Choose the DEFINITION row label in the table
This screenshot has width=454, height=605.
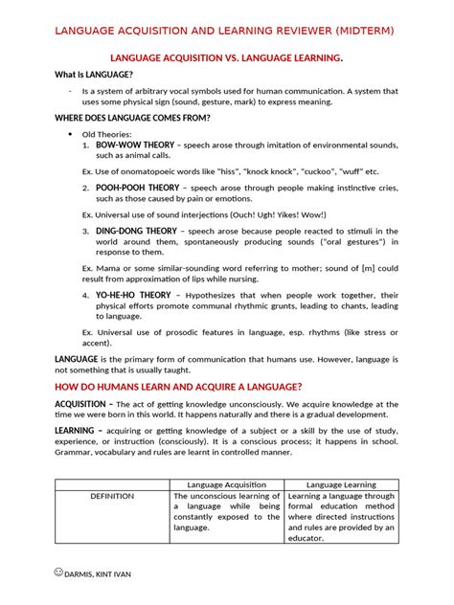[111, 498]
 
